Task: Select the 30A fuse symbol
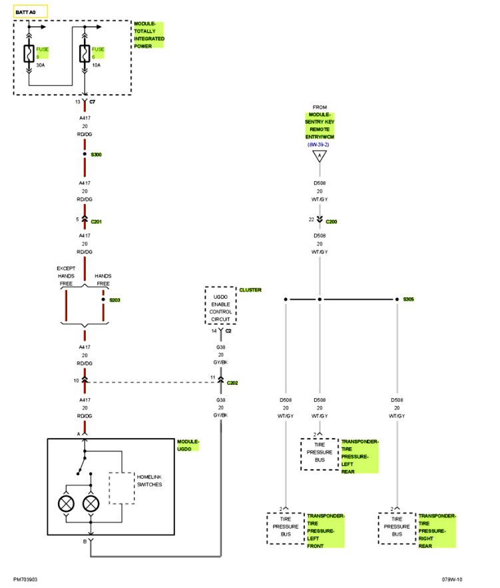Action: [x=29, y=53]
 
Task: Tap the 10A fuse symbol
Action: [x=85, y=53]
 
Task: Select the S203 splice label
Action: [x=115, y=300]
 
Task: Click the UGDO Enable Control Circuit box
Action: [x=220, y=305]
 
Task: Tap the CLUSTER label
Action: [x=250, y=290]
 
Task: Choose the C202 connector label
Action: [x=232, y=383]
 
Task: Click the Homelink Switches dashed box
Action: [x=122, y=488]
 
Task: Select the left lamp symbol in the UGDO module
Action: [x=67, y=503]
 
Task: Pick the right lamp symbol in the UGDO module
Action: [x=91, y=503]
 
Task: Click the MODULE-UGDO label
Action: [x=188, y=445]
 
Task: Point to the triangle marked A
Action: [x=320, y=157]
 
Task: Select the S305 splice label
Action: [x=408, y=300]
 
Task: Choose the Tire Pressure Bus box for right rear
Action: [x=397, y=528]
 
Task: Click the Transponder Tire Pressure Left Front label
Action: [x=326, y=531]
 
